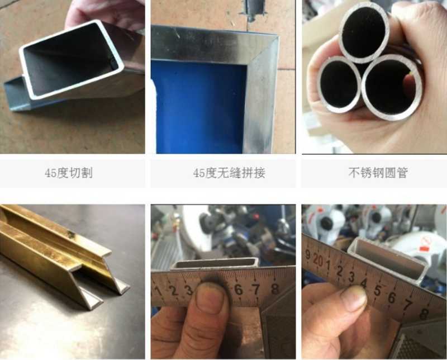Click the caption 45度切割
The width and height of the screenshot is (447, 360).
click(x=69, y=173)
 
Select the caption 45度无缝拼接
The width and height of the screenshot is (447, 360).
click(x=229, y=173)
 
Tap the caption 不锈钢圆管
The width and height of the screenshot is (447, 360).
click(x=378, y=172)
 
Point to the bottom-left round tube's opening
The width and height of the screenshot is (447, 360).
click(x=339, y=84)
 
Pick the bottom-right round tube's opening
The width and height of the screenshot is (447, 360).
click(x=392, y=87)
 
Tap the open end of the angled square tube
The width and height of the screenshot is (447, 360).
click(x=71, y=59)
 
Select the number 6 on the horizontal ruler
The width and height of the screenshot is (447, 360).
click(x=239, y=290)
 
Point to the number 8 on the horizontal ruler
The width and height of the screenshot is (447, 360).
click(x=275, y=288)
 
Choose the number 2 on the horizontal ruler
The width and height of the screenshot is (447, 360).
click(x=173, y=291)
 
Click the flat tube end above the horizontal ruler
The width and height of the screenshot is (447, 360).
click(x=215, y=263)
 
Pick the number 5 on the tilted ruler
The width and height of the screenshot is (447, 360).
click(x=377, y=290)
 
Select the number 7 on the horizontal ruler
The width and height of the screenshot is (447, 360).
click(x=256, y=289)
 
